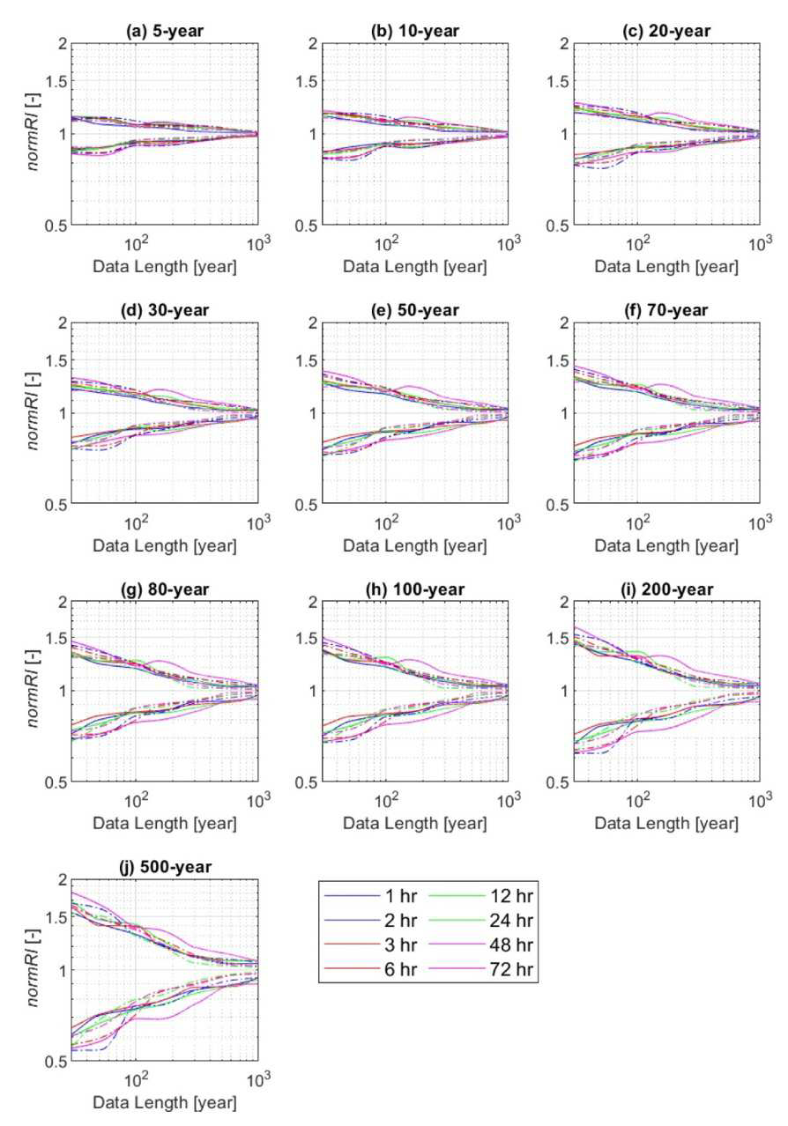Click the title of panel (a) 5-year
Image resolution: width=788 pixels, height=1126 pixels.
point(165,31)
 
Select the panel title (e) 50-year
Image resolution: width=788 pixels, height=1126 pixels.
point(415,310)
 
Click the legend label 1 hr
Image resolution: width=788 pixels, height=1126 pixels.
point(401,896)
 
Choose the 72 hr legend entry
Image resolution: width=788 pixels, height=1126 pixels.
point(511,969)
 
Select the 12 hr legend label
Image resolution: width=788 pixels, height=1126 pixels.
point(511,896)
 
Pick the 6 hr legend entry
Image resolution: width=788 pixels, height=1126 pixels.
point(401,969)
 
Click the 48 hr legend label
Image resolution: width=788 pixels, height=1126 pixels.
point(511,945)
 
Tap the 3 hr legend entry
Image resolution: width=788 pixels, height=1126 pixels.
point(401,945)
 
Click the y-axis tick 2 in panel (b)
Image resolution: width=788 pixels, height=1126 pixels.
point(313,44)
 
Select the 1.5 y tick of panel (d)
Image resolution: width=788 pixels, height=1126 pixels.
point(56,360)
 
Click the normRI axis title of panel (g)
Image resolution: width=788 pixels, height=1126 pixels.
point(33,690)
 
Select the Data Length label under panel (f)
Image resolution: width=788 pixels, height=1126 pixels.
point(666,545)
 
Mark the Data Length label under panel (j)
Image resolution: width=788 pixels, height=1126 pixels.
point(165,1103)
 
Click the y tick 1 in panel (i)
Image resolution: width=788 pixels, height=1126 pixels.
point(564,691)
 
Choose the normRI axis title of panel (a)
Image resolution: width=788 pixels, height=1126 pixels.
point(33,133)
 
